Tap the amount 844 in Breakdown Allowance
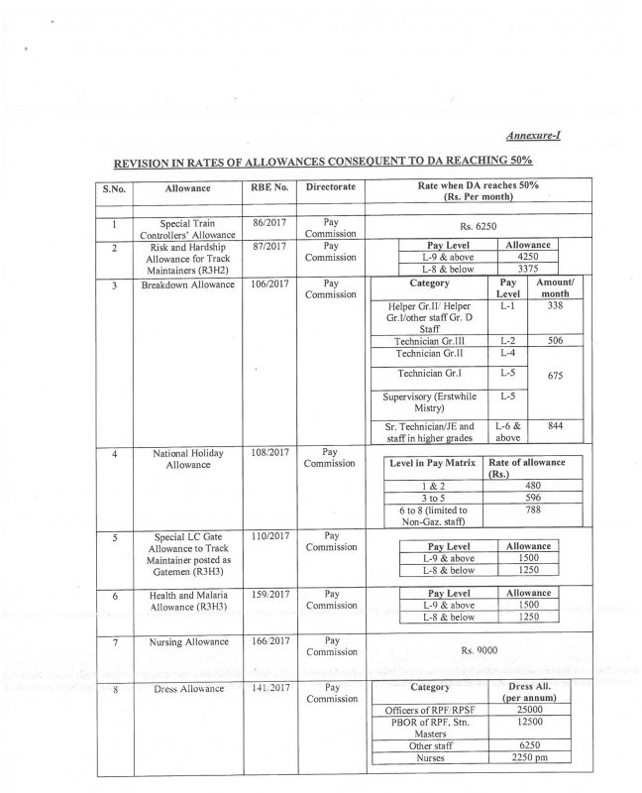[x=556, y=424]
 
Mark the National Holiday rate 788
[x=533, y=511]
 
